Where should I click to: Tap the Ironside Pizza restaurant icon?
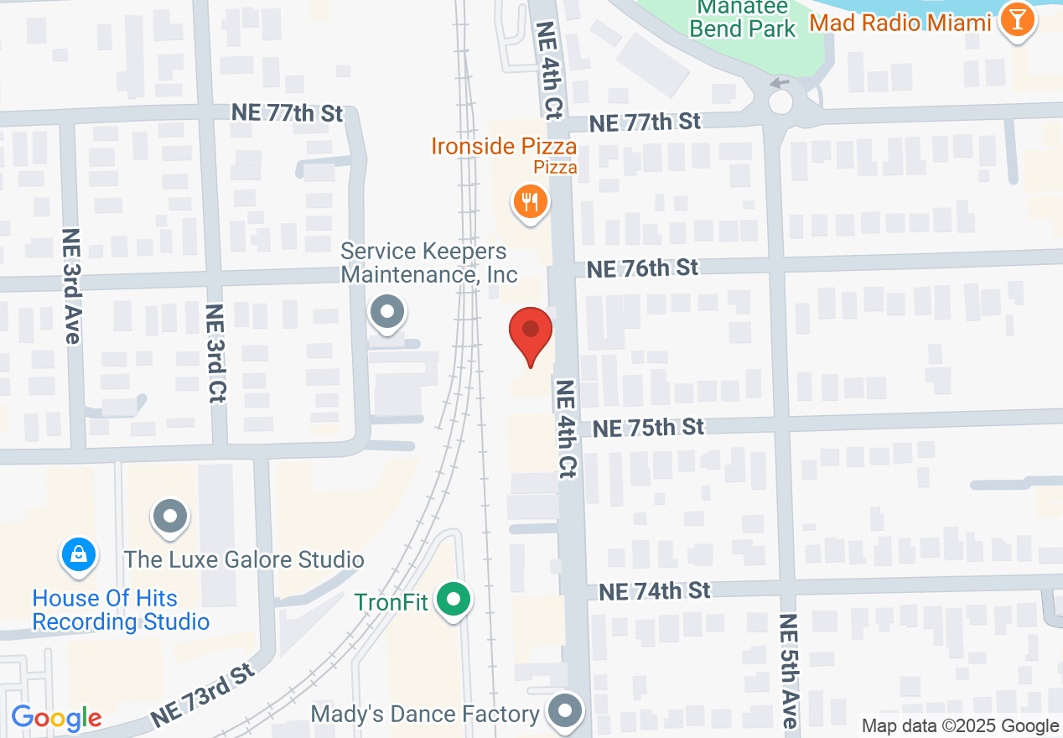[x=530, y=202]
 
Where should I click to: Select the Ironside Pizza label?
[x=504, y=147]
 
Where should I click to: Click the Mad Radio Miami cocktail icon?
[x=1018, y=22]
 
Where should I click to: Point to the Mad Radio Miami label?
[x=900, y=23]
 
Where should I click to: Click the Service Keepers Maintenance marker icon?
[x=387, y=313]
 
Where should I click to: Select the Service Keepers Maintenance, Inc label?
[x=428, y=262]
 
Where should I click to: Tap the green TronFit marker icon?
[x=455, y=600]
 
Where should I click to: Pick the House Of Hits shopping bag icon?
[x=78, y=554]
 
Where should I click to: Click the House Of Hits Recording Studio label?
[x=120, y=610]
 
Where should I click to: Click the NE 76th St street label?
[x=642, y=268]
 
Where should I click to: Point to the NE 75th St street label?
[x=648, y=428]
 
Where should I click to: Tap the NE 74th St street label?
[x=654, y=591]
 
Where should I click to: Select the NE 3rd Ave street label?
[x=72, y=285]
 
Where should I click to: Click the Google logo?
[x=56, y=719]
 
